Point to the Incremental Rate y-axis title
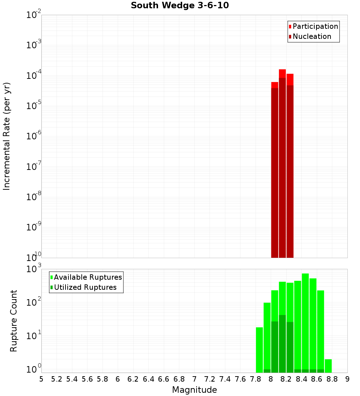pos(7,136)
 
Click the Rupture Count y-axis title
pos(14,321)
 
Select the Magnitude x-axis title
pos(194,390)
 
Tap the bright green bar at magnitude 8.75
pos(328,365)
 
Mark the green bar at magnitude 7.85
pos(259,349)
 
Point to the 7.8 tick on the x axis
pos(256,379)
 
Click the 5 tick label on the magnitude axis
pos(41,379)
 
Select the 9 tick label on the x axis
pos(347,379)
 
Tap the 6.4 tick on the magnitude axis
pos(148,379)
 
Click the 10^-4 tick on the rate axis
pos(33,76)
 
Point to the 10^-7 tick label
pos(33,167)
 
